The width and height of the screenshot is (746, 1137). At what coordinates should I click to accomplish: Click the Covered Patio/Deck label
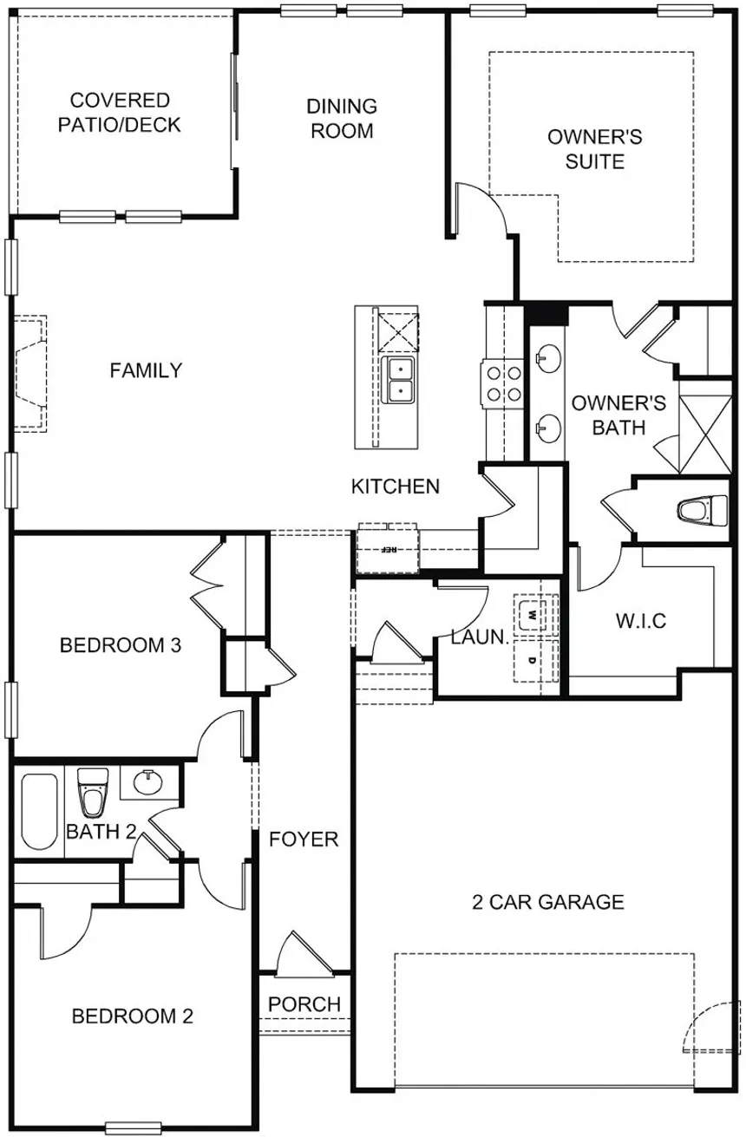click(120, 113)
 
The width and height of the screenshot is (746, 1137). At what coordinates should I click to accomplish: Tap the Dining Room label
click(342, 119)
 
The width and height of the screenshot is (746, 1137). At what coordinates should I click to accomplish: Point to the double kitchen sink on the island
click(399, 380)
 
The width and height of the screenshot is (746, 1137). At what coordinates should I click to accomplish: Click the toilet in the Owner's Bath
click(701, 511)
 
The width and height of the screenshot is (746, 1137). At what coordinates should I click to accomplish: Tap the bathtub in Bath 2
click(40, 811)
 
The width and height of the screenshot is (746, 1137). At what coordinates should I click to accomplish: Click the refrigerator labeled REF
click(388, 550)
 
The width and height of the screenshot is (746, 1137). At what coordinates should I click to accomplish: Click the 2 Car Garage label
click(547, 902)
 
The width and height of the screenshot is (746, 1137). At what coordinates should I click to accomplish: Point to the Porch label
click(304, 1003)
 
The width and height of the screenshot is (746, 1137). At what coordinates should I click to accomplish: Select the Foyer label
click(303, 840)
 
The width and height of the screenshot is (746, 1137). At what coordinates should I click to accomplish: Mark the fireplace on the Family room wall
click(31, 372)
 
